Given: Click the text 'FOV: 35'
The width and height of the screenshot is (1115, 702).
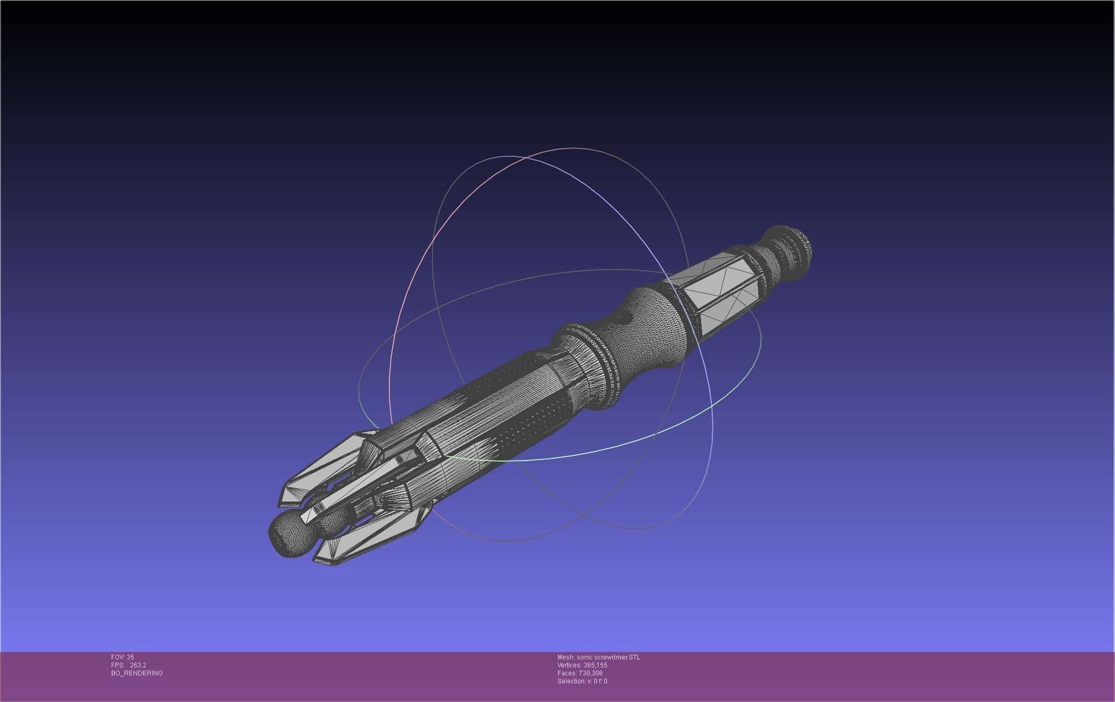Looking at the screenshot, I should click(122, 657).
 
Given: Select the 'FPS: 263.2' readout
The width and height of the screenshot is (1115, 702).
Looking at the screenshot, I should click(128, 665).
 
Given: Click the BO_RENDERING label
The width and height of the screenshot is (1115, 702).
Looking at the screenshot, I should click(137, 673).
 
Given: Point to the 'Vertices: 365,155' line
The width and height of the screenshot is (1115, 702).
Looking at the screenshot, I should click(582, 665).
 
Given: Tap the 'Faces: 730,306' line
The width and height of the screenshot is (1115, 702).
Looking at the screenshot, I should click(580, 673).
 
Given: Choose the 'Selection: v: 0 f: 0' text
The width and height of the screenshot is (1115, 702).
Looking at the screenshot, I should click(582, 681).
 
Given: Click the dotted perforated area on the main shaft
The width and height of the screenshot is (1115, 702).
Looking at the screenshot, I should click(532, 425).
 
